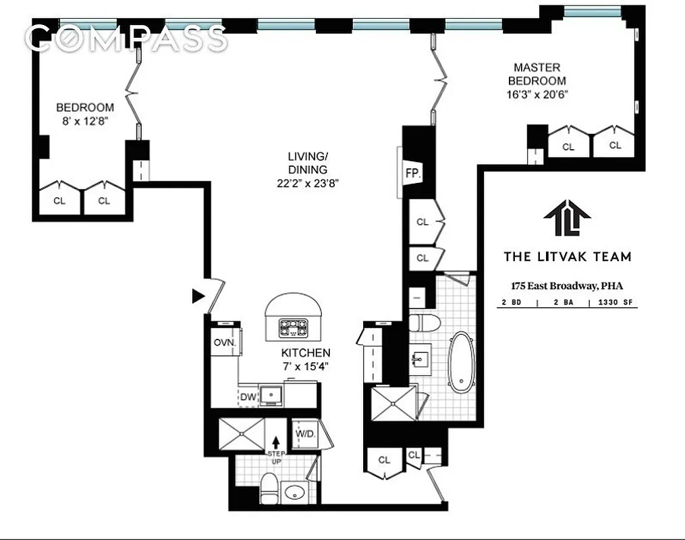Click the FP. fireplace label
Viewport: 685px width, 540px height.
point(412,173)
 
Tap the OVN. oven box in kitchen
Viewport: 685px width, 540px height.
point(224,342)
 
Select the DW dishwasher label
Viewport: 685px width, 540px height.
point(248,398)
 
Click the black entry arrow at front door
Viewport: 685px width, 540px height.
point(197,296)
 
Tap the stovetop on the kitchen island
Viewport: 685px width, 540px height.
point(293,329)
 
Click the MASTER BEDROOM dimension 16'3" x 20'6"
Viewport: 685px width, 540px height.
point(537,94)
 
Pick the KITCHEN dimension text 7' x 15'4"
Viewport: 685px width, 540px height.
point(306,367)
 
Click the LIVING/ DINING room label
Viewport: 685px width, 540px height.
point(307,163)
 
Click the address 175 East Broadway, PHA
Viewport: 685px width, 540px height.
point(566,286)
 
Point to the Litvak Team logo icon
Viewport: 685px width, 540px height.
point(567,219)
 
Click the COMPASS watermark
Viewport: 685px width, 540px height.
point(126,38)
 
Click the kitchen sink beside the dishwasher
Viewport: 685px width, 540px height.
point(272,394)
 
